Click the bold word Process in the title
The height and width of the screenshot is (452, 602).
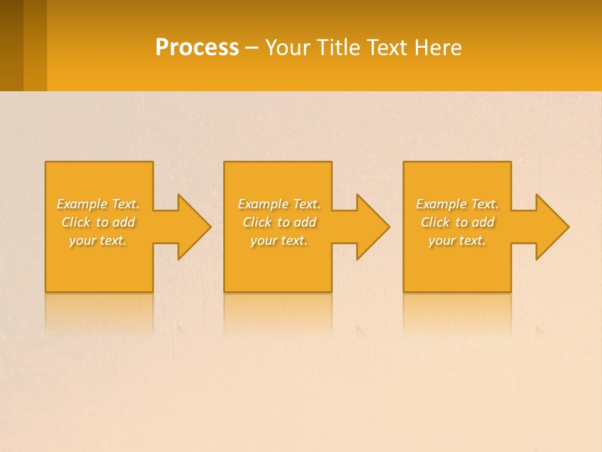pyautogui.click(x=197, y=48)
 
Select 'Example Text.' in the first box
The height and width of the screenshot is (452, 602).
pyautogui.click(x=98, y=204)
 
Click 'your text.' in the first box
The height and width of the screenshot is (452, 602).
pyautogui.click(x=98, y=240)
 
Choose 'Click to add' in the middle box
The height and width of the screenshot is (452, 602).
pyautogui.click(x=279, y=222)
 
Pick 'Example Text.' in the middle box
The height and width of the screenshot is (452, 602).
pyautogui.click(x=279, y=204)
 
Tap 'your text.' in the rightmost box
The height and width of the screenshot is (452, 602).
pyautogui.click(x=457, y=240)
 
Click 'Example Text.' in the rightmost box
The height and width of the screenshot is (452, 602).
pyautogui.click(x=457, y=204)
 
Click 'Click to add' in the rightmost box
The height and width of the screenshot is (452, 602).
pyautogui.click(x=457, y=222)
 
